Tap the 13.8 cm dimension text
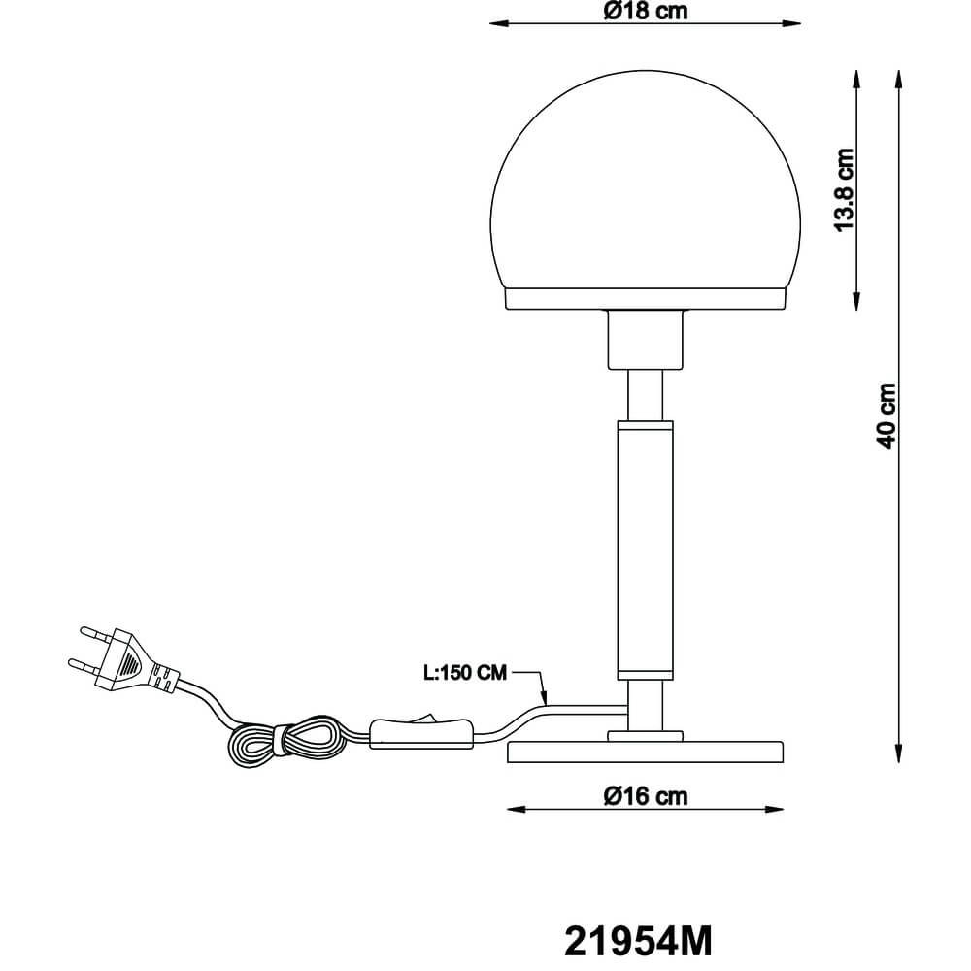tap(844, 189)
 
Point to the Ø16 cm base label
tap(645, 796)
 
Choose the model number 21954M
tap(638, 940)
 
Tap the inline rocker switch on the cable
tap(420, 731)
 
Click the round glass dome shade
tap(647, 184)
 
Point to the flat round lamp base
tap(647, 752)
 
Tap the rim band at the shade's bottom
tap(647, 298)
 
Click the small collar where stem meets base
tap(647, 736)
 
